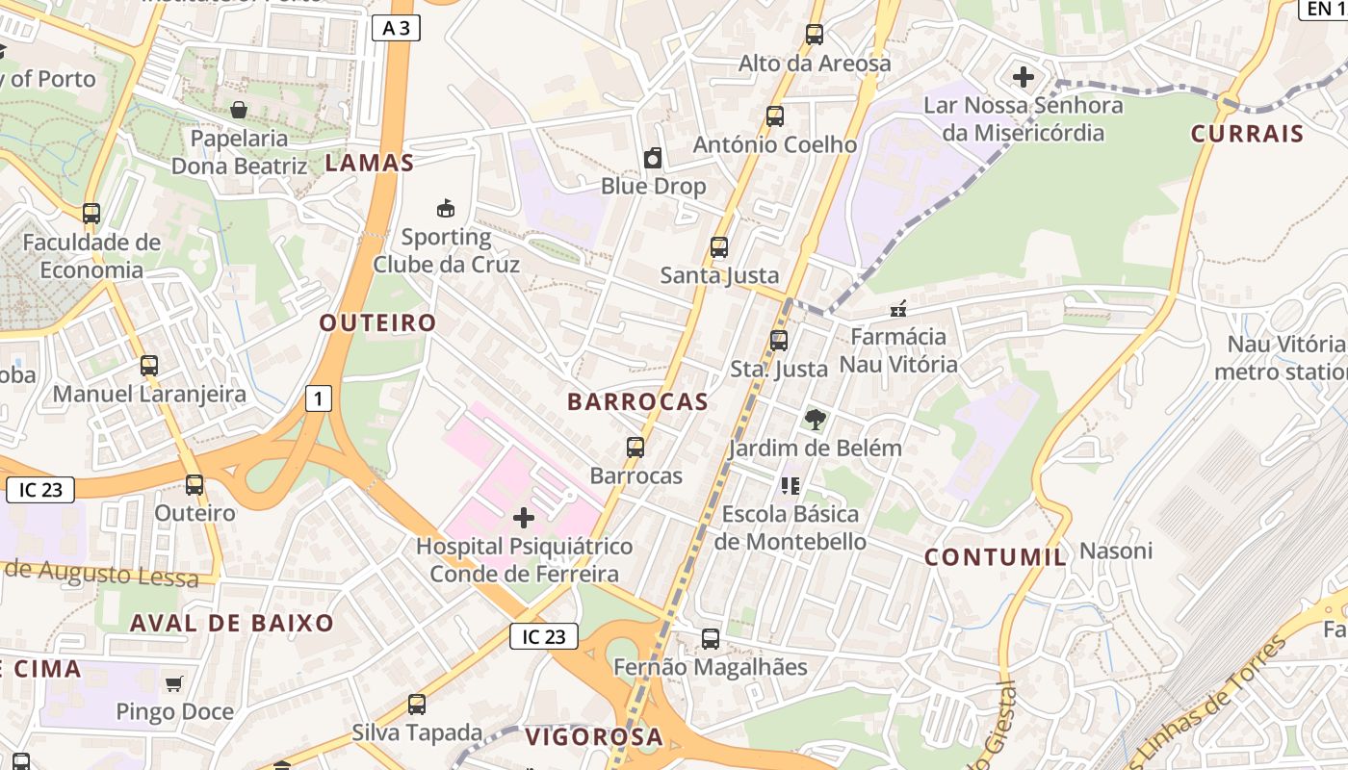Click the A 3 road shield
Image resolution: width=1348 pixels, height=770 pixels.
pos(396,28)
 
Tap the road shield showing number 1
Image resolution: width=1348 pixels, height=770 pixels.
pos(319,398)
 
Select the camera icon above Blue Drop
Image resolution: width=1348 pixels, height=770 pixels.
pos(653,158)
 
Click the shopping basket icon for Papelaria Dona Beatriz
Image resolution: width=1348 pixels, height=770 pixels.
pos(238,110)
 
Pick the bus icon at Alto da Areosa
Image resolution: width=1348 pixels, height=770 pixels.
pos(815,35)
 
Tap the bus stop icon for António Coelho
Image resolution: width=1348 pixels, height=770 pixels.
pos(775,116)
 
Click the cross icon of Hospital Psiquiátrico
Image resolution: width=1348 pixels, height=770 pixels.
pos(524,519)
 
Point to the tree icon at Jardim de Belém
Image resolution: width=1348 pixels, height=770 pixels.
pos(815,419)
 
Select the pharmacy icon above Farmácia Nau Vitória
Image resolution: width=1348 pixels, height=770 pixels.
pos(898,309)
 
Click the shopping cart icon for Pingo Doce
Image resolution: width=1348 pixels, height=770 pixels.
pos(174,683)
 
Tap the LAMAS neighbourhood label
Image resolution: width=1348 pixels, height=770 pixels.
pos(370,163)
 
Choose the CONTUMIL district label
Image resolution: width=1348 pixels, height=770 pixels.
pos(996,556)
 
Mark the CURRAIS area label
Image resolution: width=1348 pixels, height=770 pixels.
pos(1247,134)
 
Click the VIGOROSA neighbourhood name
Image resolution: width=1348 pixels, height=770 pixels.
pos(594,737)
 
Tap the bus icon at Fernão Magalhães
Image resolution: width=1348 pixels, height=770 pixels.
pos(711,638)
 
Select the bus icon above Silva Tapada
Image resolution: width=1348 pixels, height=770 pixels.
pos(417,705)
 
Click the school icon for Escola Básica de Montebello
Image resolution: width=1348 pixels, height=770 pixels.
pos(791,485)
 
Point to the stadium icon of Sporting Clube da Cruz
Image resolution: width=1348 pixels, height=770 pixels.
pos(446,208)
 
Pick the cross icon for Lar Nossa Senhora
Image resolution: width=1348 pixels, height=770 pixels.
pos(1024,76)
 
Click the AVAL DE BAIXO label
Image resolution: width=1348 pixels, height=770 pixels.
pos(232,623)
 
